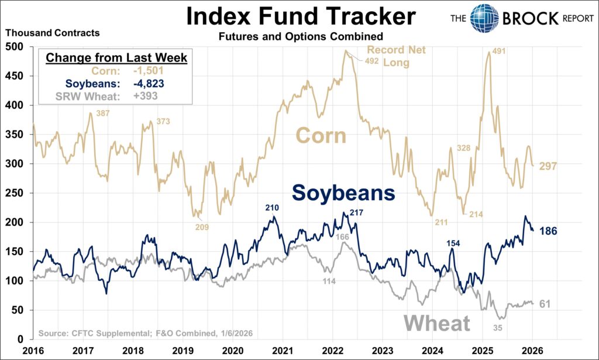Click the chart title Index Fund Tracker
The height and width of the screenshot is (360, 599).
301,16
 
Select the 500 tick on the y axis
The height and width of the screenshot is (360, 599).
15,47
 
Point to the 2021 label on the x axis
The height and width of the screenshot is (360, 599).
283,349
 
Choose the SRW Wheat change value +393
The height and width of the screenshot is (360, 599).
141,96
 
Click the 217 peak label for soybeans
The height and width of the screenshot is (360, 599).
357,212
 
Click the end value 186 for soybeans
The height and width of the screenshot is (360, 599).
549,231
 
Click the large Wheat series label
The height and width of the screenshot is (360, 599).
436,323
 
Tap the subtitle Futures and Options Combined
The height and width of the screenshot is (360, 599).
301,37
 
